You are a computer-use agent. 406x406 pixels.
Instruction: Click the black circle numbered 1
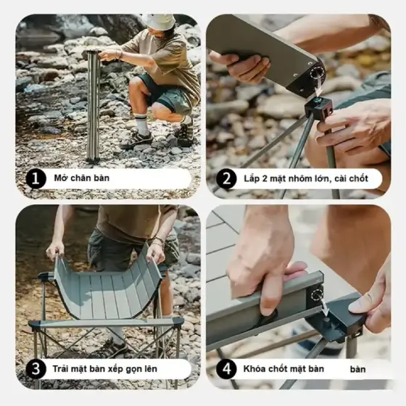pyautogui.click(x=36, y=178)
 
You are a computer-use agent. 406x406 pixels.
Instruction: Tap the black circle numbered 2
pyautogui.click(x=226, y=178)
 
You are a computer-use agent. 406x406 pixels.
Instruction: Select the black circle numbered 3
pyautogui.click(x=36, y=369)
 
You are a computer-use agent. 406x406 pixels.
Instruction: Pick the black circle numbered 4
pyautogui.click(x=226, y=369)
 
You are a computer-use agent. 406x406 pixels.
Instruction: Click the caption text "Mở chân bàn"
pyautogui.click(x=81, y=178)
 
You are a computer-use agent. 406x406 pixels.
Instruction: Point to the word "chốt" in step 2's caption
pyautogui.click(x=359, y=178)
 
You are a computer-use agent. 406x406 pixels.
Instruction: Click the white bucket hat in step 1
pyautogui.click(x=158, y=22)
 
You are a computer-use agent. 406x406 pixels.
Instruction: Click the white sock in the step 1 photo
pyautogui.click(x=142, y=125)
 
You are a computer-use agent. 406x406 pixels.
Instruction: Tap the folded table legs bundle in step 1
pyautogui.click(x=93, y=106)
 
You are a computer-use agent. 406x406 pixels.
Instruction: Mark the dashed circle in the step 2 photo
pyautogui.click(x=318, y=73)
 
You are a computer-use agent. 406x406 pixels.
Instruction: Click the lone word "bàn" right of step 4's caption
pyautogui.click(x=358, y=369)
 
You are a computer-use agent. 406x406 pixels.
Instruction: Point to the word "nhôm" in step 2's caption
pyautogui.click(x=294, y=178)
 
